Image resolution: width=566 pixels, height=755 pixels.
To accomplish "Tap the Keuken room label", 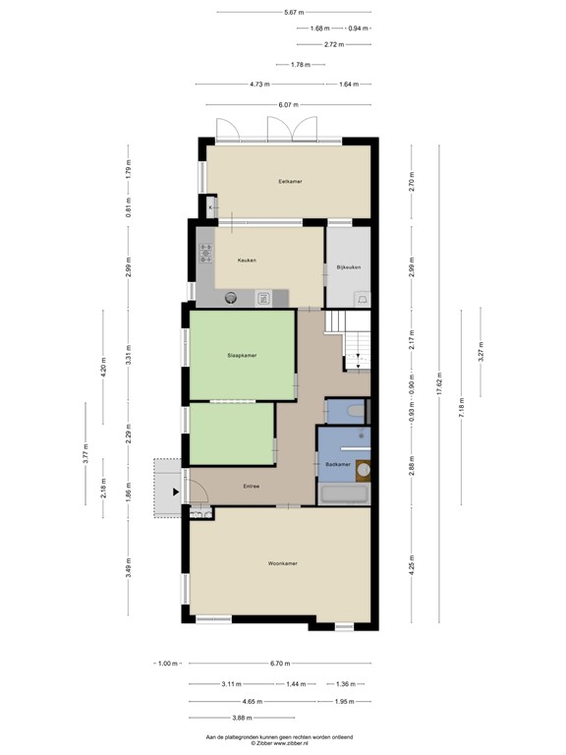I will click(x=247, y=260).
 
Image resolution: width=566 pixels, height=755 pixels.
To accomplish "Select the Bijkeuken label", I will click(x=349, y=266).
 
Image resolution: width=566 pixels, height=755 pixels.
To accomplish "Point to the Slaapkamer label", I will click(x=241, y=355).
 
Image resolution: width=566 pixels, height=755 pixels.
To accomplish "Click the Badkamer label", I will click(x=338, y=464).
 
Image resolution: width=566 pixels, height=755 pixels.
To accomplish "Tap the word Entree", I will click(x=251, y=486).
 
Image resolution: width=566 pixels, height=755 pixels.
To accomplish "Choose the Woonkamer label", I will click(x=282, y=563).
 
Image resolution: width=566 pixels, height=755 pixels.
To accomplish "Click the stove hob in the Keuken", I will click(x=206, y=254).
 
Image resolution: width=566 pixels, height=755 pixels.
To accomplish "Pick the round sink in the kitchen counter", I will click(x=233, y=297).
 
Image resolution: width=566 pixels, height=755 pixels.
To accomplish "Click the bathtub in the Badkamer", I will click(x=345, y=494).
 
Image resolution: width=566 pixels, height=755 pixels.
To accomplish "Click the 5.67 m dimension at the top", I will click(x=292, y=12).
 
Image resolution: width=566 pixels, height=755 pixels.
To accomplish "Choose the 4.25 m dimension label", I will click(x=413, y=565).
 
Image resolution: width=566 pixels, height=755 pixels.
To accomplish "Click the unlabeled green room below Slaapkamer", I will click(x=231, y=434).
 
